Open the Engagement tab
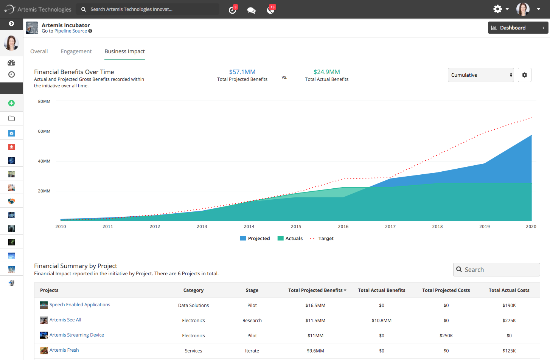point(76,51)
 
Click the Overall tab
point(39,51)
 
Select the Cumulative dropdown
point(481,75)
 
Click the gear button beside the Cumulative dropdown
point(524,75)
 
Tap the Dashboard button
point(518,28)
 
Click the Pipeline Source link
point(71,31)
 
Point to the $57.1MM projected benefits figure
point(242,72)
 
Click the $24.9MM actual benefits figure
point(326,72)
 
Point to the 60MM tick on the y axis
point(44,131)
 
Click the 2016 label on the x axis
point(343,227)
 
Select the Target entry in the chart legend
point(322,238)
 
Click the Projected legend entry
point(255,238)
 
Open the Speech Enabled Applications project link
point(80,304)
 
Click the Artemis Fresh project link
point(64,350)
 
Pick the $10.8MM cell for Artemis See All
point(381,321)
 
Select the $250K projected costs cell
point(446,335)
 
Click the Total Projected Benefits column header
point(317,290)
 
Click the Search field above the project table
point(496,270)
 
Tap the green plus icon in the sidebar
point(11,103)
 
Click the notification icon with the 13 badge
point(271,9)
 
